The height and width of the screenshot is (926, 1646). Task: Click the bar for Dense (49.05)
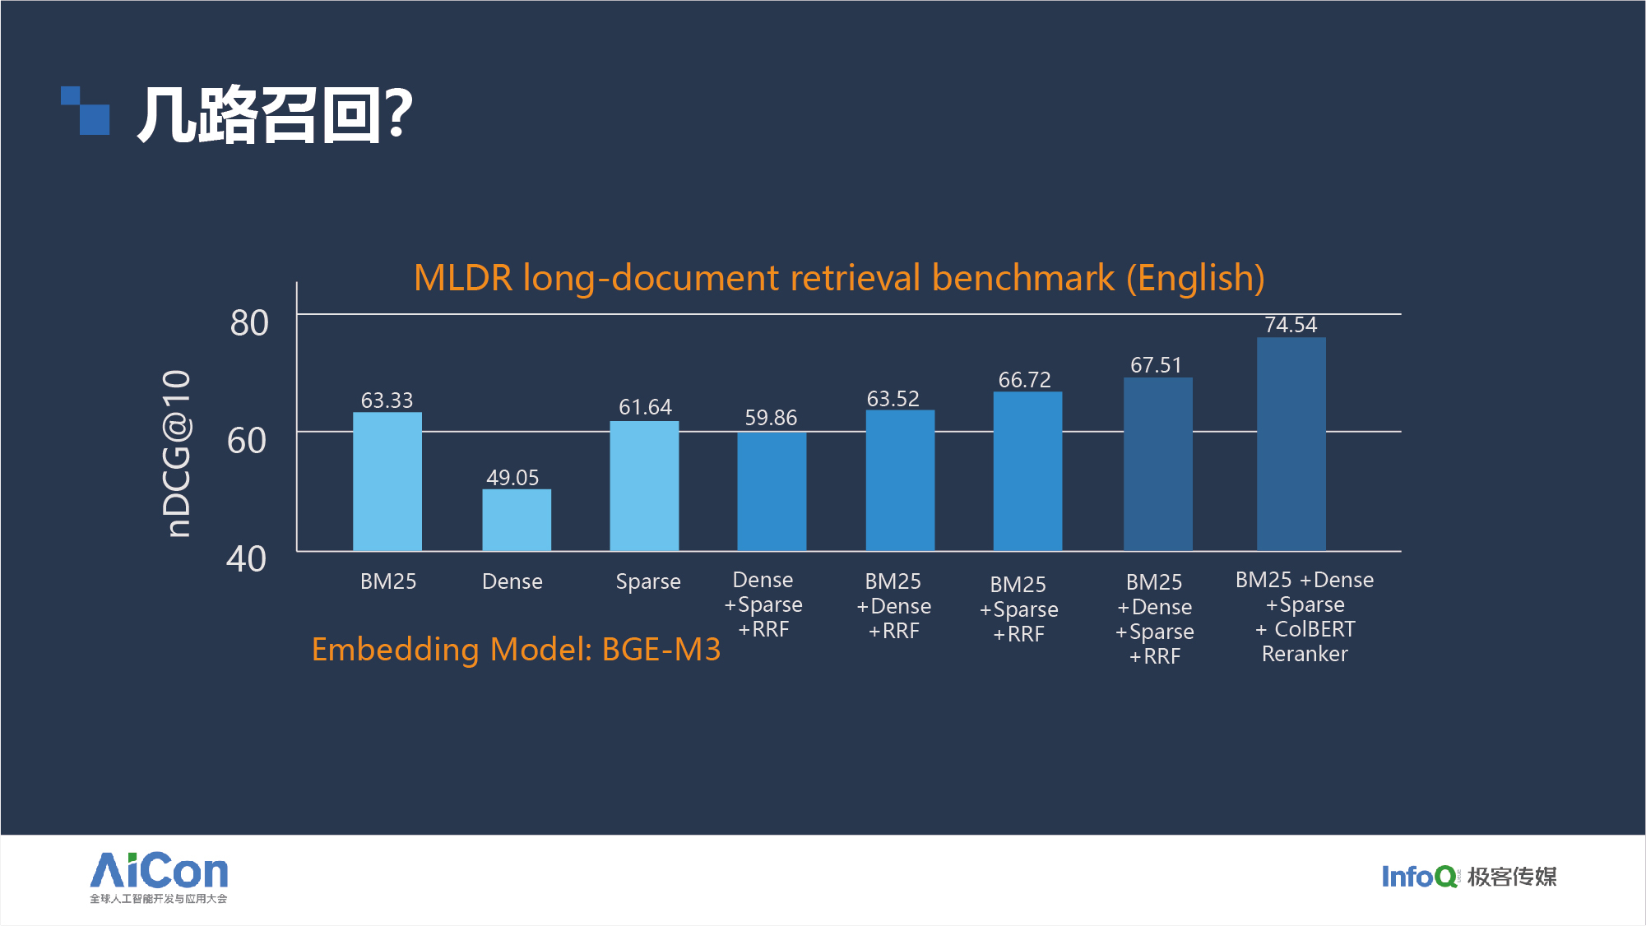[x=517, y=520]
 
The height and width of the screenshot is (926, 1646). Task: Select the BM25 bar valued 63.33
[x=387, y=481]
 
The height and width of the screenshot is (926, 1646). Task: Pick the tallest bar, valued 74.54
[x=1291, y=444]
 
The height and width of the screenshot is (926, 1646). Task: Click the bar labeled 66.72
[x=1027, y=471]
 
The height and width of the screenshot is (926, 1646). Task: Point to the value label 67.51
[x=1156, y=365]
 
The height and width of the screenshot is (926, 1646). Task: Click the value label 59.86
[x=771, y=418]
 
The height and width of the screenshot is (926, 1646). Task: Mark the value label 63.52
[x=893, y=399]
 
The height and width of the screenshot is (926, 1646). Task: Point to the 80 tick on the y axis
[x=249, y=323]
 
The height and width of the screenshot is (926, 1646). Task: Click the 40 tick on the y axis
[x=247, y=559]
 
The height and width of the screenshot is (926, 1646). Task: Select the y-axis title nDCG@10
[x=177, y=453]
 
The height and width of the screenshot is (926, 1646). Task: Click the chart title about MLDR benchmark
[x=839, y=278]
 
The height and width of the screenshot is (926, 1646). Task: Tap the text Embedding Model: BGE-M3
[x=516, y=650]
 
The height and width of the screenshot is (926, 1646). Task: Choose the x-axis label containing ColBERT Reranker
[x=1305, y=617]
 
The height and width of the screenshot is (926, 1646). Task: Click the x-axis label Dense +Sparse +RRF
[x=763, y=604]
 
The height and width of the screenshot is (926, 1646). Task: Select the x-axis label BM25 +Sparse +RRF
[x=1018, y=609]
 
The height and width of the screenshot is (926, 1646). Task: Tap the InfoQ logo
[x=1419, y=877]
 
